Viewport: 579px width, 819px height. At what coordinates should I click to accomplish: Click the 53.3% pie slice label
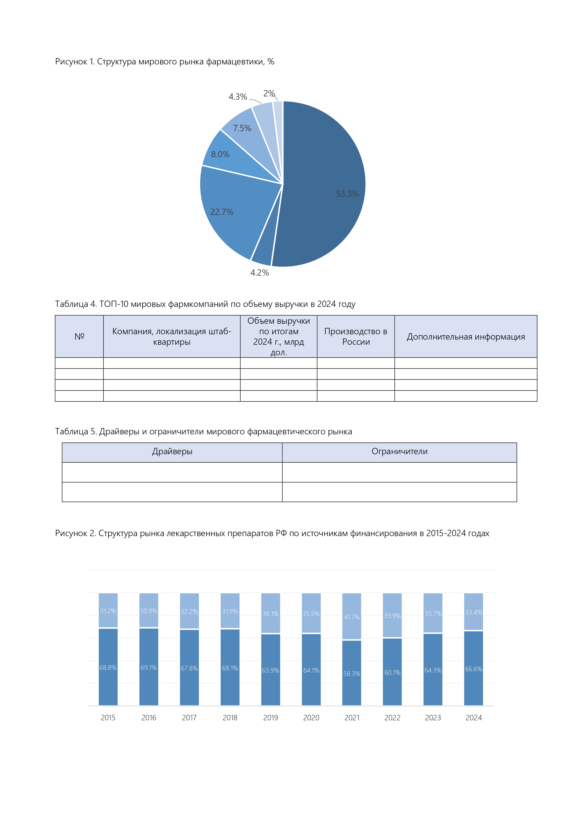tap(347, 194)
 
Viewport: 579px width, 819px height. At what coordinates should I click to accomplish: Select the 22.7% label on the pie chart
tap(222, 212)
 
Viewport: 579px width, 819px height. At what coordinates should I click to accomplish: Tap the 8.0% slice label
tap(220, 155)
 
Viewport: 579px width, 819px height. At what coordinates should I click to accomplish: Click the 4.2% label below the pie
tap(259, 273)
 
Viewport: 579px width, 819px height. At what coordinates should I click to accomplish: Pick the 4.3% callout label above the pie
tap(238, 97)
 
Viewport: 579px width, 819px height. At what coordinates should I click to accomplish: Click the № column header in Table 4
tap(79, 336)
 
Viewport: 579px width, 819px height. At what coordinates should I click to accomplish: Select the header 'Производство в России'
tap(356, 336)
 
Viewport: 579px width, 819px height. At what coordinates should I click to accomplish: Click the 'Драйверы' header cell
tap(172, 452)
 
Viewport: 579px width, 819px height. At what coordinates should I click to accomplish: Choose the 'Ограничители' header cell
tap(399, 452)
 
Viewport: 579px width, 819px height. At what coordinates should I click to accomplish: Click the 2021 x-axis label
tap(352, 718)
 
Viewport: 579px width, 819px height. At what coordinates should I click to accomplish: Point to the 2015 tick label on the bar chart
tap(108, 718)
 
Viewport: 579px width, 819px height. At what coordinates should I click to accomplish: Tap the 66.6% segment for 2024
tap(473, 669)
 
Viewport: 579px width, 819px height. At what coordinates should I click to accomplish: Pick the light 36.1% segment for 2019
tap(270, 614)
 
